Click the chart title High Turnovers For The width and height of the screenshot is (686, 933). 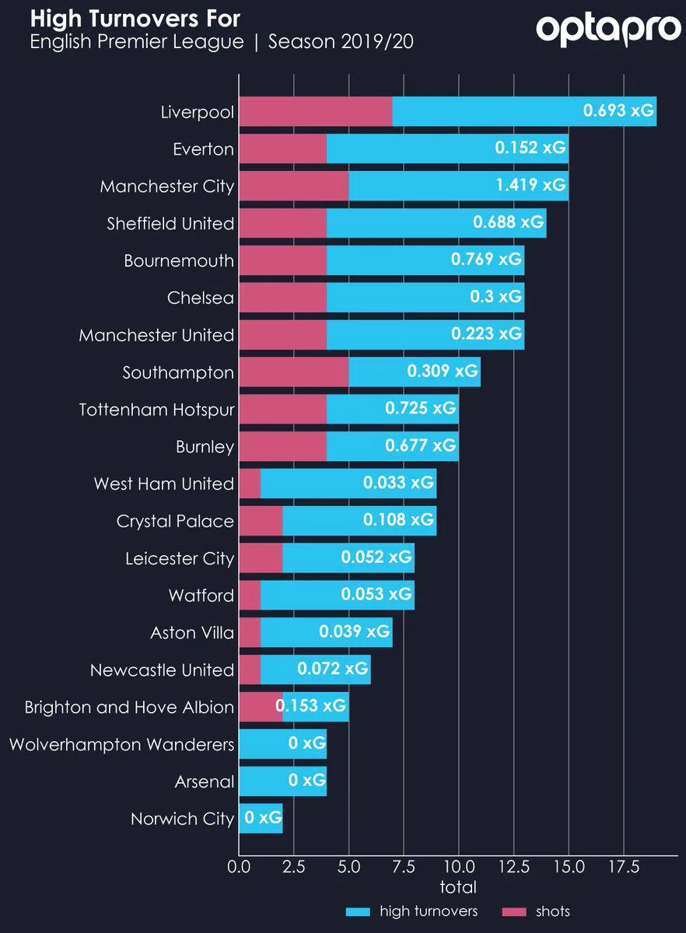tap(135, 18)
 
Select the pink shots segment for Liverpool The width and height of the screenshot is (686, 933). tap(315, 111)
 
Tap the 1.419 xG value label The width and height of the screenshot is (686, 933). tap(531, 185)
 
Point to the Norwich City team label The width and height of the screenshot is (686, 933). tap(182, 819)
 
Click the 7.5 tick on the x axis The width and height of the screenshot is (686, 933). tap(403, 866)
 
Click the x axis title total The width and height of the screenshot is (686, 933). tap(458, 887)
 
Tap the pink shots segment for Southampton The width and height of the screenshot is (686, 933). tap(293, 372)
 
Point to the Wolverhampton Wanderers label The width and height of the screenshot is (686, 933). tap(121, 745)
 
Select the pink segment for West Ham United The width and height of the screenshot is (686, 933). tap(250, 484)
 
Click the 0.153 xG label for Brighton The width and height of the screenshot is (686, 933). tap(310, 707)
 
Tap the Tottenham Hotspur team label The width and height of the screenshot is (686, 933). tap(156, 409)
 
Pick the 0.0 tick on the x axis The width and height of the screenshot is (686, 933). tap(239, 866)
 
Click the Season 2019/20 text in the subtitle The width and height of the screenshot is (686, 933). tap(341, 42)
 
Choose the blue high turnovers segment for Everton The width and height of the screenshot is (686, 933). tap(446, 148)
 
